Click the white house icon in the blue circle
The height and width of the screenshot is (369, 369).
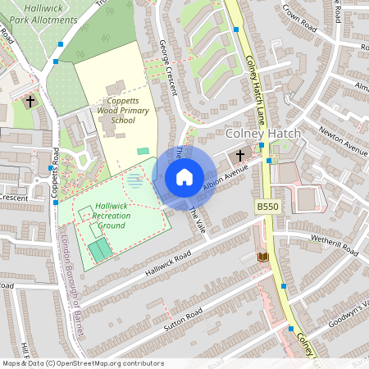point(184,176)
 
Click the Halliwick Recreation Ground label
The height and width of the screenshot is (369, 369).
point(112,215)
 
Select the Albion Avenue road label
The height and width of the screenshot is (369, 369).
point(225,177)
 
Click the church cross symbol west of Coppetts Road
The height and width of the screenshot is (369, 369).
point(30,102)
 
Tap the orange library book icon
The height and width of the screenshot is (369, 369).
point(263,257)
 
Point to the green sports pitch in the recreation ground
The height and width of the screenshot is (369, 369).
point(99,249)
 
